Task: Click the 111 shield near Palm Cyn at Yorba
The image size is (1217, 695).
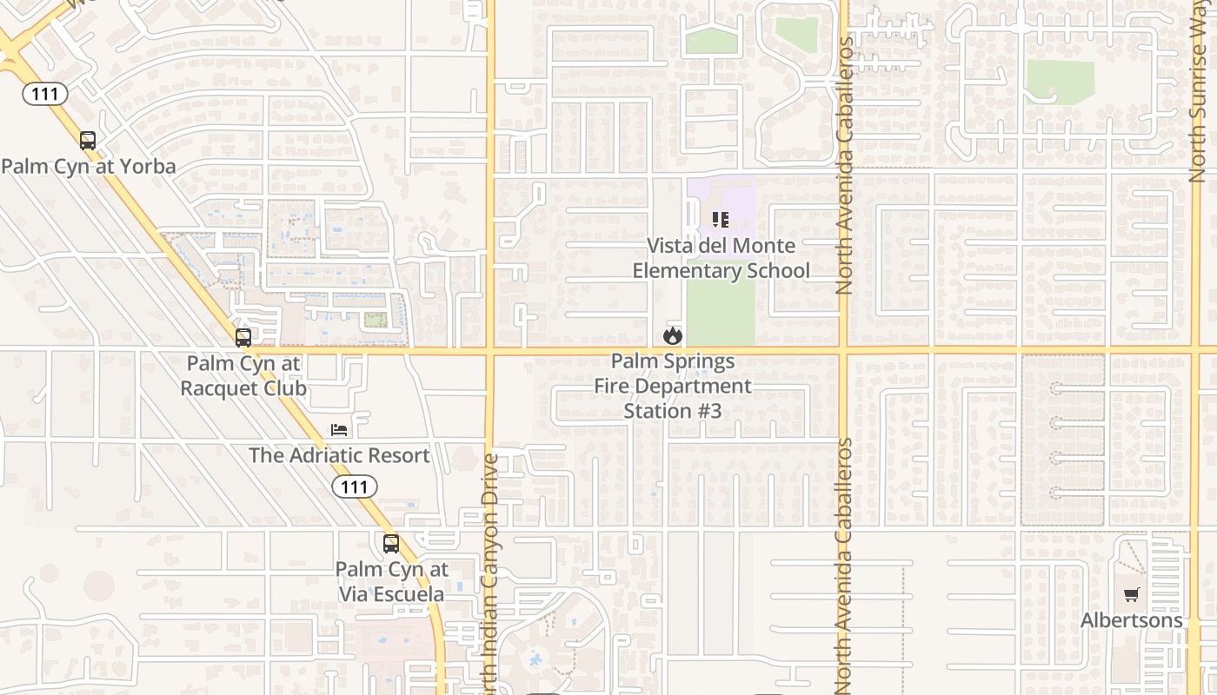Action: (45, 93)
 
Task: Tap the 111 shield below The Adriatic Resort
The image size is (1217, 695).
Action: (355, 486)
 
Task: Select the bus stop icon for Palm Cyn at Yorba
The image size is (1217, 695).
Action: (88, 141)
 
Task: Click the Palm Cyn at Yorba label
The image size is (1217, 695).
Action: (89, 166)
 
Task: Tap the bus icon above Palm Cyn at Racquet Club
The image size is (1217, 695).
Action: (243, 338)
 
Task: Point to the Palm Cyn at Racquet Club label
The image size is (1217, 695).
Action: (243, 375)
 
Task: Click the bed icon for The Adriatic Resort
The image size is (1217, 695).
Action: (339, 430)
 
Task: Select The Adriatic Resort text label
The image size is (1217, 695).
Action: (339, 455)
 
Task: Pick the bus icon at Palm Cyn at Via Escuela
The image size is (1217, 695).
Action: (391, 544)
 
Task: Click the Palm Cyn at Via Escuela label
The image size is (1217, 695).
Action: (391, 582)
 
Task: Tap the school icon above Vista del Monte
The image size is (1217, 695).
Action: (720, 220)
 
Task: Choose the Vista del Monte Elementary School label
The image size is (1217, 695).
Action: (721, 258)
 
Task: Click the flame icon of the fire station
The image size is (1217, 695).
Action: (672, 335)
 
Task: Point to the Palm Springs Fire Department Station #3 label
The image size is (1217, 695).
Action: (673, 385)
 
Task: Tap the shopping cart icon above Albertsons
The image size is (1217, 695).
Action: (1131, 595)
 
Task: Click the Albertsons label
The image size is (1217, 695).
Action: (1131, 620)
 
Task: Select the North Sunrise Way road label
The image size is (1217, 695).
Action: (1199, 91)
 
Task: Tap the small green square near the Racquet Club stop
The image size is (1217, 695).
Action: (374, 320)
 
